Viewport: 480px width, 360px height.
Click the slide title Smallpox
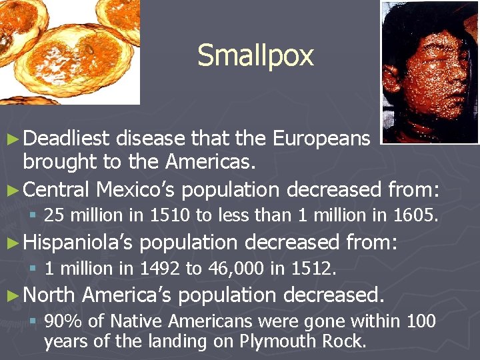[x=255, y=55]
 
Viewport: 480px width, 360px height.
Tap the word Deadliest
[x=66, y=138]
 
